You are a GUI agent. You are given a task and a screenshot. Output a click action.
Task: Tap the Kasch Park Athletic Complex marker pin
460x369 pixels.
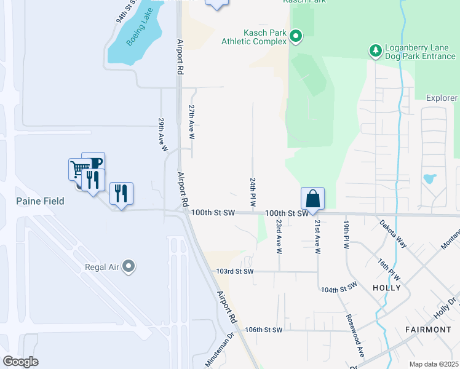click(x=296, y=36)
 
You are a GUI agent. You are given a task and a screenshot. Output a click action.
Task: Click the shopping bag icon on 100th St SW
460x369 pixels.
click(x=312, y=199)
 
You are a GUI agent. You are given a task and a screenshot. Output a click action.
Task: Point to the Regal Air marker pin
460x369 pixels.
click(x=129, y=266)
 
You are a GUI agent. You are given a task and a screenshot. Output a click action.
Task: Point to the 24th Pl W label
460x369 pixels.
click(x=253, y=192)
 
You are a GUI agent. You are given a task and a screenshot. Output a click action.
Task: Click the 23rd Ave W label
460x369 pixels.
click(x=279, y=237)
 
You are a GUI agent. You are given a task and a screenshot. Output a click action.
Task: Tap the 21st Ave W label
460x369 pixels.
click(x=317, y=237)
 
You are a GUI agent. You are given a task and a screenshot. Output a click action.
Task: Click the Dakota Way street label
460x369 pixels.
click(x=392, y=233)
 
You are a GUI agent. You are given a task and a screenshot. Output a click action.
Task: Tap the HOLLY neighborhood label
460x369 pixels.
click(x=387, y=287)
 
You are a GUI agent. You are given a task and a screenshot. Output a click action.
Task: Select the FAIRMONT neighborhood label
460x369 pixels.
click(x=428, y=330)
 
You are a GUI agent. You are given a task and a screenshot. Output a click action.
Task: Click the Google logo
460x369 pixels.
click(x=20, y=362)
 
